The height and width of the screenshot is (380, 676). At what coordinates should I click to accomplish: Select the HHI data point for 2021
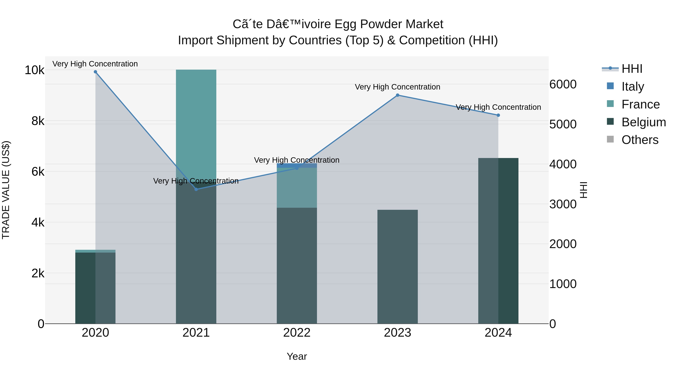pos(196,189)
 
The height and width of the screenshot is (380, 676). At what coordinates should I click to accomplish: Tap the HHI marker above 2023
pos(397,95)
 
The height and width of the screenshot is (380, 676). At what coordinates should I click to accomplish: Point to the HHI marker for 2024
pos(498,115)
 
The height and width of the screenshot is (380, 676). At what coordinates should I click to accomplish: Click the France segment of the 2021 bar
pos(196,118)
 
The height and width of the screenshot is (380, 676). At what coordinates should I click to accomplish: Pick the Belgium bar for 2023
pos(397,266)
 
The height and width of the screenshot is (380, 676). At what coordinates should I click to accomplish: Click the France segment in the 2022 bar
pos(297,187)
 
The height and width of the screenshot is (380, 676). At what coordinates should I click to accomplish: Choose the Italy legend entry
pos(632,87)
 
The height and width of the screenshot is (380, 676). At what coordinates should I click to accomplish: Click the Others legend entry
pos(640,140)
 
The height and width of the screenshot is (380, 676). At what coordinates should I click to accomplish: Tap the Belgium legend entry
pos(644,122)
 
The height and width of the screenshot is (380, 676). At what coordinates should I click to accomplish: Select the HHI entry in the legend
pos(632,69)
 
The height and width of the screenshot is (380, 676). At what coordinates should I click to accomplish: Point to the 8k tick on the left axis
pos(38,121)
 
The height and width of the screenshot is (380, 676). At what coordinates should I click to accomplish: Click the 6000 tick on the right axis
pos(563,84)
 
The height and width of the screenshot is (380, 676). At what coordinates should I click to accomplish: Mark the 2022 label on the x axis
pos(297,333)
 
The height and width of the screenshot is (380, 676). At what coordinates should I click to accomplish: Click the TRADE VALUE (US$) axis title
pos(6,190)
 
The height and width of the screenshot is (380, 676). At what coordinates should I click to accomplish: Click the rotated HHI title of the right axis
pos(584,190)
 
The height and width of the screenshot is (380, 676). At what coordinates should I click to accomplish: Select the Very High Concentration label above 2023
pos(397,87)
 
